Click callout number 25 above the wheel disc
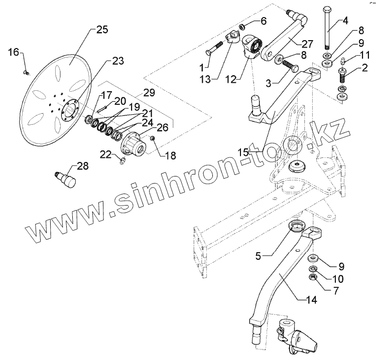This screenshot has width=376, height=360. click(x=102, y=30)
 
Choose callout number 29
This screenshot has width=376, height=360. click(x=149, y=92)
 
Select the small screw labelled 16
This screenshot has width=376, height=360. click(x=27, y=73)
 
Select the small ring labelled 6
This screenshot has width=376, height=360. click(x=241, y=26)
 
